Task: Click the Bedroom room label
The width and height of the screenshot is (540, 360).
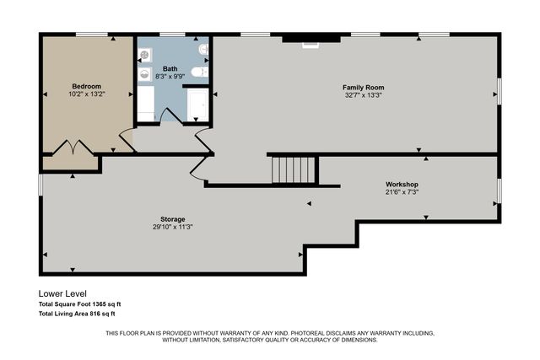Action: point(86,86)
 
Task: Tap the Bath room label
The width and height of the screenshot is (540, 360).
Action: point(170,69)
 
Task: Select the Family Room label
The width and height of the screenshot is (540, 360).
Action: point(363,87)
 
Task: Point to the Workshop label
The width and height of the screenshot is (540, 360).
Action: point(402,184)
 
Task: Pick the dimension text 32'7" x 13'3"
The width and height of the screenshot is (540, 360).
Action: point(363,95)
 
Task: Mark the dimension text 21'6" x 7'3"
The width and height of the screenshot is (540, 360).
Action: point(402,192)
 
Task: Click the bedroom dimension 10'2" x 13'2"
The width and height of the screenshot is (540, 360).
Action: point(86,94)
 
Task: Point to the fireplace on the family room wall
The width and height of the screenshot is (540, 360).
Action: point(311,38)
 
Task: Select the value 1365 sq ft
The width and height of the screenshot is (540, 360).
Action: point(105,304)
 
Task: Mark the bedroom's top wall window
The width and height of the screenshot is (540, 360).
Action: point(88,35)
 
